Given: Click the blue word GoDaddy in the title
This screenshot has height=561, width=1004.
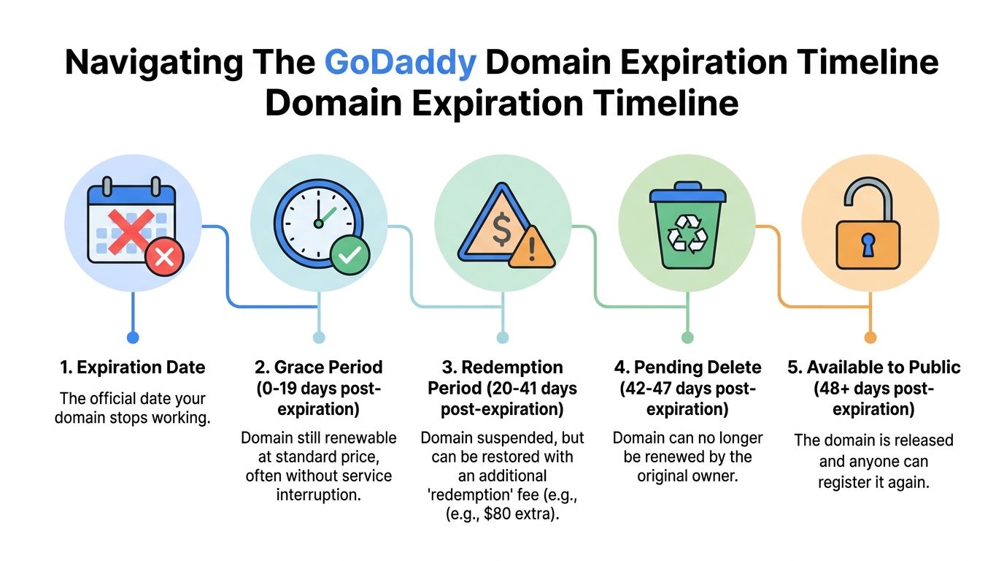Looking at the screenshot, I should (400, 63).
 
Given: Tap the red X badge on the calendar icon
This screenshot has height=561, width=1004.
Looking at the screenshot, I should (164, 256).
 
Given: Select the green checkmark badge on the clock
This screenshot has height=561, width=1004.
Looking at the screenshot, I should (350, 254).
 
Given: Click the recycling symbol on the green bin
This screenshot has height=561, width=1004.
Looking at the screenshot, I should (688, 234).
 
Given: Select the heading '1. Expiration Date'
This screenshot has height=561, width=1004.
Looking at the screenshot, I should (132, 367).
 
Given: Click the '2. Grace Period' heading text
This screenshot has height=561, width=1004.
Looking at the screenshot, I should (318, 367).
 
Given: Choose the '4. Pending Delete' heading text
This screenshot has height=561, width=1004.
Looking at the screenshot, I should (687, 367).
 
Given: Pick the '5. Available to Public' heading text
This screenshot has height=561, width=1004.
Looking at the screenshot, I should (873, 367).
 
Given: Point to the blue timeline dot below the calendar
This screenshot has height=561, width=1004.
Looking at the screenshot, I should (132, 337).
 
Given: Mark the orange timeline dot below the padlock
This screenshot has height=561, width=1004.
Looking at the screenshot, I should (870, 337).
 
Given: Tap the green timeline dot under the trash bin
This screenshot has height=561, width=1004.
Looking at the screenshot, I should (687, 337).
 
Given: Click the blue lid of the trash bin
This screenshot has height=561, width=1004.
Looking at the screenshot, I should (687, 195).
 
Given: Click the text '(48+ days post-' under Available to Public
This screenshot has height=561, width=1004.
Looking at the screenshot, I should (873, 389).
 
